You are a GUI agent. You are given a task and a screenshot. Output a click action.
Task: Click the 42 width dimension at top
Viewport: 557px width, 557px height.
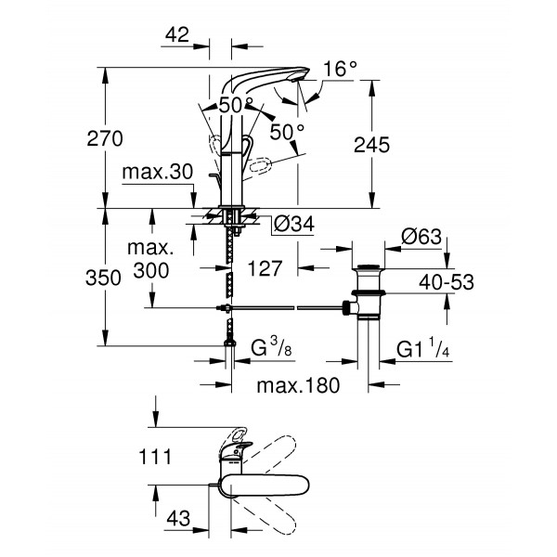click(175, 35)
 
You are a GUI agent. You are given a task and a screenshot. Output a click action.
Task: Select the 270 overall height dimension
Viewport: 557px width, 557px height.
click(105, 139)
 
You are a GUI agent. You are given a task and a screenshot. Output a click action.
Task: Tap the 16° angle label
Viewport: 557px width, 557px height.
click(341, 70)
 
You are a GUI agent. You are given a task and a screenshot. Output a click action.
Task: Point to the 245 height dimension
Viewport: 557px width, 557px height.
click(371, 144)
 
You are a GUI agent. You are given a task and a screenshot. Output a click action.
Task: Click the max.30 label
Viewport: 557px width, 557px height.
click(156, 174)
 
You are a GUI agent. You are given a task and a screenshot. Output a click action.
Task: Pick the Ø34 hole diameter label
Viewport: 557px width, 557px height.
click(293, 224)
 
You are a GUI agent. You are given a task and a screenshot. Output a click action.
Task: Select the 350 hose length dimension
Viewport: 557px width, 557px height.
click(105, 278)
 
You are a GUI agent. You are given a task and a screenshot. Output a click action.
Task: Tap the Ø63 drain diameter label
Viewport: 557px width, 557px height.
click(420, 236)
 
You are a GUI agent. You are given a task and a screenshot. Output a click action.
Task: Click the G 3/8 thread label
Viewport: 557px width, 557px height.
click(277, 350)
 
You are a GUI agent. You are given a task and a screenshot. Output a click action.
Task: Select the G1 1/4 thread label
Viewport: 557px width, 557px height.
click(423, 350)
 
